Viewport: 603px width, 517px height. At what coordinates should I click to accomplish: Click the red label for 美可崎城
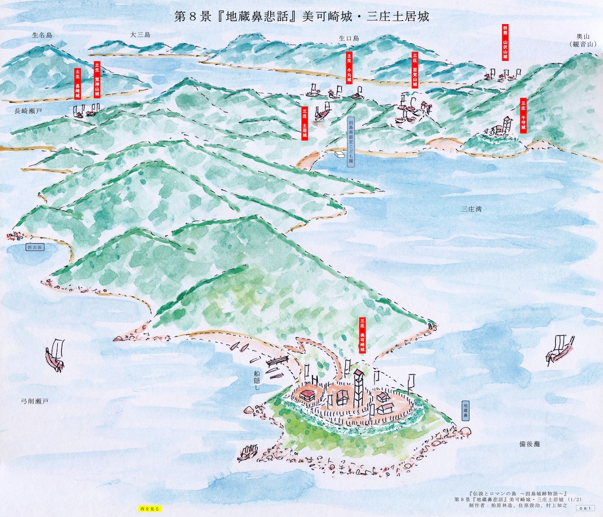point(362,335)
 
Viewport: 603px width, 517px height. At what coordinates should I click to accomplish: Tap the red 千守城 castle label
point(523,115)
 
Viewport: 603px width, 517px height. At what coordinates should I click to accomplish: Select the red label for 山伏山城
point(505,42)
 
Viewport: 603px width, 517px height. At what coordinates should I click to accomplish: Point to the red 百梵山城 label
point(415,70)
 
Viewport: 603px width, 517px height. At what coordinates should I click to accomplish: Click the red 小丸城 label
point(349,67)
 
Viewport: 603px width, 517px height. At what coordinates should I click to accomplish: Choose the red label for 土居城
point(305,123)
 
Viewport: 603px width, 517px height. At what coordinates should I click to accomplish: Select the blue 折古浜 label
point(35,247)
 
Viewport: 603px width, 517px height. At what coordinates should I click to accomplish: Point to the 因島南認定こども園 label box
point(351,143)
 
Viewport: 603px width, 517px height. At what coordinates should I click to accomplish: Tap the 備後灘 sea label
point(530,444)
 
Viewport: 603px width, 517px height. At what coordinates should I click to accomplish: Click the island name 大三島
point(140,35)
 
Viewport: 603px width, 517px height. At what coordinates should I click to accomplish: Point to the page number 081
point(584,508)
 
